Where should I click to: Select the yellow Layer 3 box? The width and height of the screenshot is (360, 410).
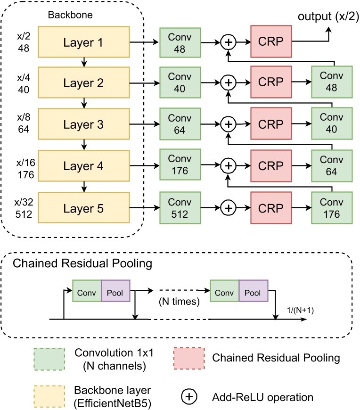[x=82, y=125]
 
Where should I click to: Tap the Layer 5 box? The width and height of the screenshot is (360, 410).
[x=82, y=207]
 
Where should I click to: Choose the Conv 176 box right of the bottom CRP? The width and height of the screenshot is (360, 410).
[x=332, y=207]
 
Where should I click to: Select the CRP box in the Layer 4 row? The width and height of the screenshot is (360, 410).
[x=270, y=166]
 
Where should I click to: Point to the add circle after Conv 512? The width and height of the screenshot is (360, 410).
[x=228, y=207]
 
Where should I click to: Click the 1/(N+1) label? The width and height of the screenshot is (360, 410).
[x=301, y=310]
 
